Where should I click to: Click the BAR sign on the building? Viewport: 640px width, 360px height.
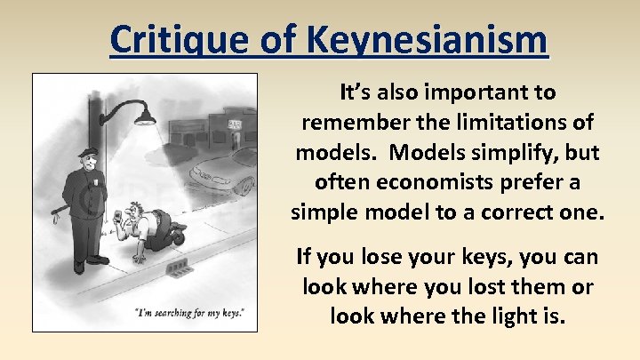pos(236,124)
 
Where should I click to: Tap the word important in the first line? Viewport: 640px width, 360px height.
pos(482,92)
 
